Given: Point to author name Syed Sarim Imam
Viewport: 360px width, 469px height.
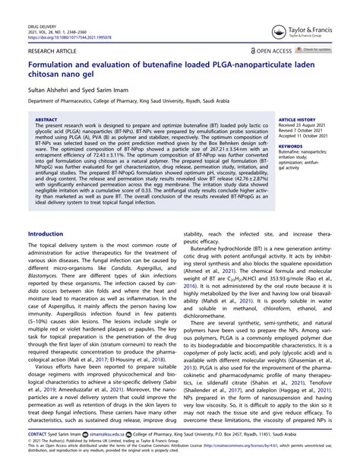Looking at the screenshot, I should tap(103, 89).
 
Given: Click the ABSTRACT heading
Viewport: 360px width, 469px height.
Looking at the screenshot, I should tap(46, 119).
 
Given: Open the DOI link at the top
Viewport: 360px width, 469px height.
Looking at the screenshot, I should tap(64, 36).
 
